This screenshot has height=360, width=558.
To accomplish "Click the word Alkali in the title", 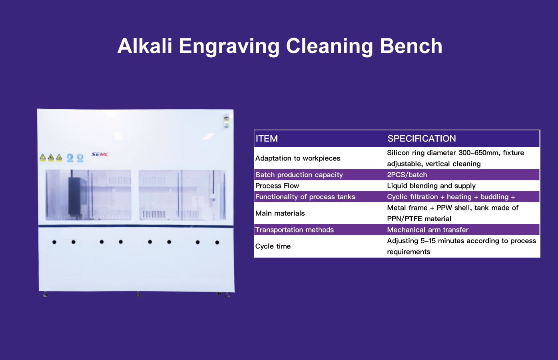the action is [x=145, y=46].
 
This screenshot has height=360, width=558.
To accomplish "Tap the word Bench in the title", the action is [x=411, y=46].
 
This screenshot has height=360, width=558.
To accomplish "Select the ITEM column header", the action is [x=267, y=139].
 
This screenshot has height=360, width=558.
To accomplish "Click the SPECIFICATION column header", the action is [x=421, y=139].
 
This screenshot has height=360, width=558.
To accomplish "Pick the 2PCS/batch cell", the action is [x=407, y=175].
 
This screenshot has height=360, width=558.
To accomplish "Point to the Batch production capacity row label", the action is [x=299, y=175].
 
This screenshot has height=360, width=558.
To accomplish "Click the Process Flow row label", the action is [x=277, y=186].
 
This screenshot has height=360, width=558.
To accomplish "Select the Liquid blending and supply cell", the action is [x=431, y=186].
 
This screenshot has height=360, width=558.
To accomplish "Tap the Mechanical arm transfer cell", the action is [x=428, y=230].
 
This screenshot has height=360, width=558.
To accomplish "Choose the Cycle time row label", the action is [x=273, y=246].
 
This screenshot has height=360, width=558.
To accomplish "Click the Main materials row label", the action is [x=280, y=213].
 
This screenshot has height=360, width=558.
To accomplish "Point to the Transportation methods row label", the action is [x=295, y=230].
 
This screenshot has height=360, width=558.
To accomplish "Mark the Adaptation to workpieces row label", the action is [x=298, y=158].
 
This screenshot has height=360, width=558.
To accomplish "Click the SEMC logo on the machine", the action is [x=100, y=154].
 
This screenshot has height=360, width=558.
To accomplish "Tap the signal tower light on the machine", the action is [x=226, y=121].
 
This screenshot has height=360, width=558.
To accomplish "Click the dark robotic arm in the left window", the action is [x=74, y=196].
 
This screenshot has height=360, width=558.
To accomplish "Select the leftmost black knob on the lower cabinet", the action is [x=54, y=242].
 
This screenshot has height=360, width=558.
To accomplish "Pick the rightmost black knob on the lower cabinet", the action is [x=217, y=242].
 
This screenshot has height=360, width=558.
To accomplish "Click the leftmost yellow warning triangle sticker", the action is [x=43, y=157].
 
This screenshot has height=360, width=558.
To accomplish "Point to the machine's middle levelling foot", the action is [x=138, y=294].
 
